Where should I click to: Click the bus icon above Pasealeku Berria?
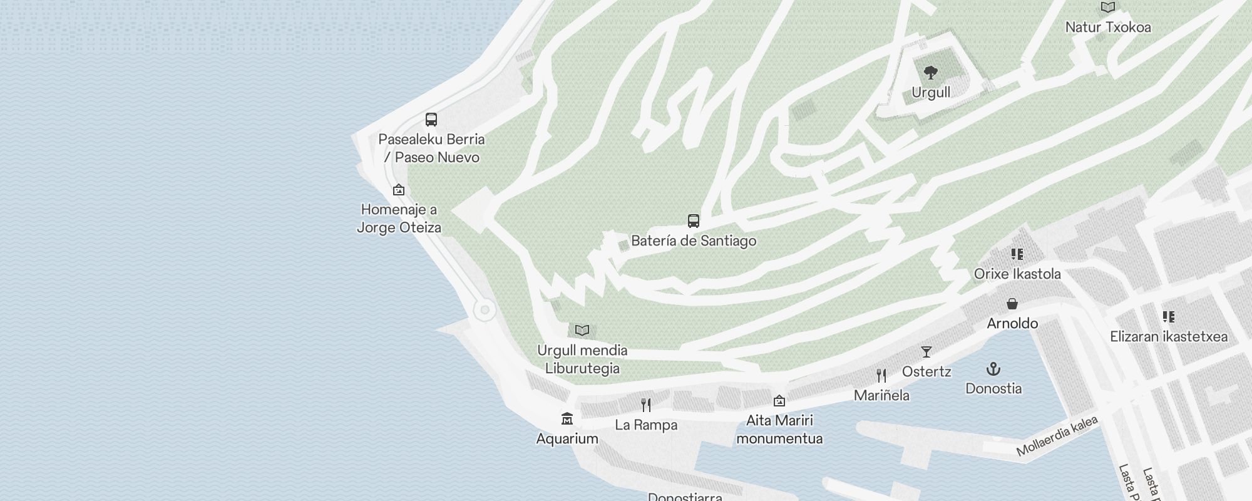click(431, 120)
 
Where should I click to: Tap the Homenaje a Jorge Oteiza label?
click(399, 219)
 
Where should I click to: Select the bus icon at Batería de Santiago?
click(693, 221)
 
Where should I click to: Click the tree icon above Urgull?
click(931, 73)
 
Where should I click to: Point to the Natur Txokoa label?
click(1107, 28)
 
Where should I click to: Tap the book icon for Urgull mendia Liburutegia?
click(582, 330)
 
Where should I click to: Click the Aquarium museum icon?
click(567, 418)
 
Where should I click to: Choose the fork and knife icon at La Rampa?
click(646, 405)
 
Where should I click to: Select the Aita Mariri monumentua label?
click(779, 429)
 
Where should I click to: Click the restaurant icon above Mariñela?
click(881, 376)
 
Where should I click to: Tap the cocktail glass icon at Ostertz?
click(926, 352)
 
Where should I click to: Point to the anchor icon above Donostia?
click(993, 369)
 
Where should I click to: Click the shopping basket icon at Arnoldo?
click(1012, 304)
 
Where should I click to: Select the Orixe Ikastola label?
click(1017, 274)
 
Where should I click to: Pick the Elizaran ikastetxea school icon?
click(1168, 317)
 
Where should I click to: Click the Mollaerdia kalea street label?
click(1057, 436)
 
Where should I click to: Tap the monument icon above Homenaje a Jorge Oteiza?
click(399, 190)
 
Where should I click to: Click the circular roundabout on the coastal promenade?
click(484, 310)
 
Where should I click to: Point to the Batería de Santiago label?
click(694, 241)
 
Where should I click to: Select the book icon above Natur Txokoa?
click(1107, 8)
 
